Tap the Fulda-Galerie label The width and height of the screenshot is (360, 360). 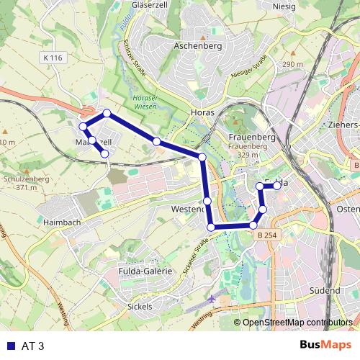click(x=145, y=271)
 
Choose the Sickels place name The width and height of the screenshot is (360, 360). click(x=139, y=306)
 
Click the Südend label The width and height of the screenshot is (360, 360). click(x=324, y=290)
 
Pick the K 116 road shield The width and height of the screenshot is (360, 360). click(x=53, y=58)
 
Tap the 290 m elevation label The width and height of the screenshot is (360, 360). click(x=293, y=64)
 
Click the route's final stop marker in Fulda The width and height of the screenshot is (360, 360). click(x=277, y=186)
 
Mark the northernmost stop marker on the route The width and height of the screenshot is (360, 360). click(x=107, y=113)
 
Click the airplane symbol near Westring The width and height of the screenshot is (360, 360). click(x=211, y=299)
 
